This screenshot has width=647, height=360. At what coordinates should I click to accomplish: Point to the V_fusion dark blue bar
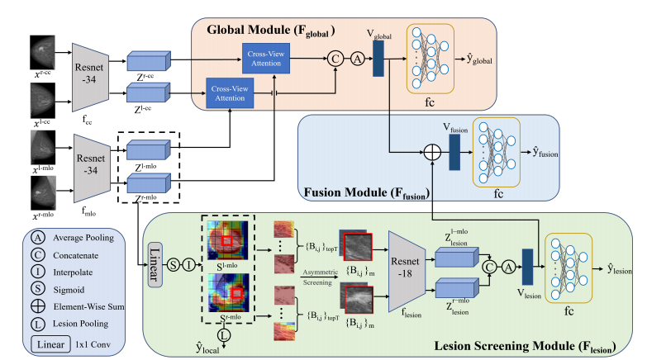tap(454, 153)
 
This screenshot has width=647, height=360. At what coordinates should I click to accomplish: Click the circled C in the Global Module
tap(336, 59)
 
